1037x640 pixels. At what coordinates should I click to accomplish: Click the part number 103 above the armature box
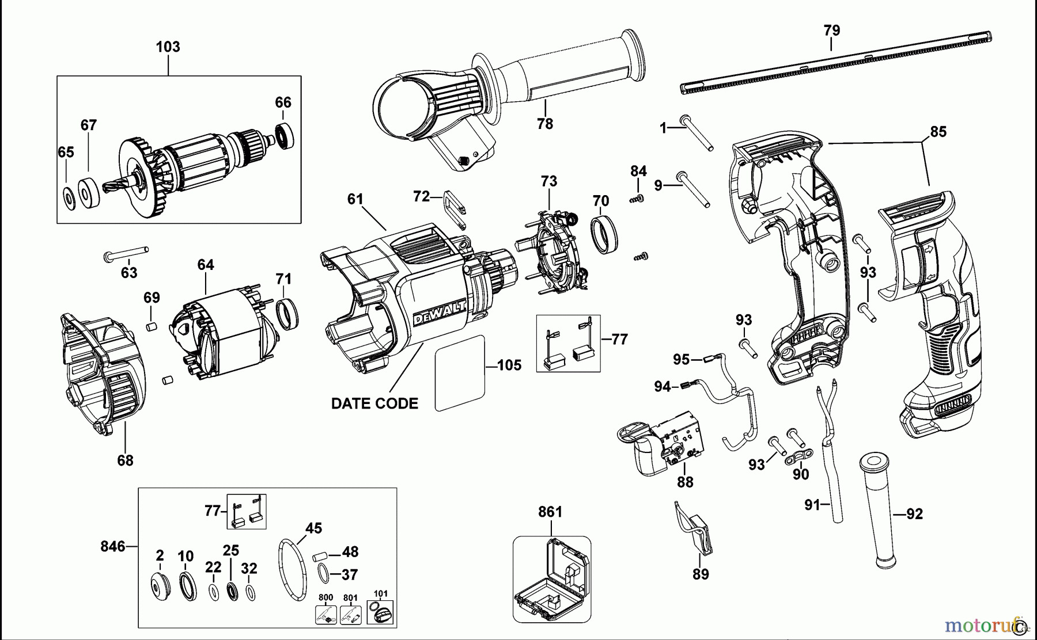168,47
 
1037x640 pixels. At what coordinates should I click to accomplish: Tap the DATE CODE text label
374,403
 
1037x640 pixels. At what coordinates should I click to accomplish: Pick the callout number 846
112,546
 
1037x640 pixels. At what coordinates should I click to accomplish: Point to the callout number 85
938,132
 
